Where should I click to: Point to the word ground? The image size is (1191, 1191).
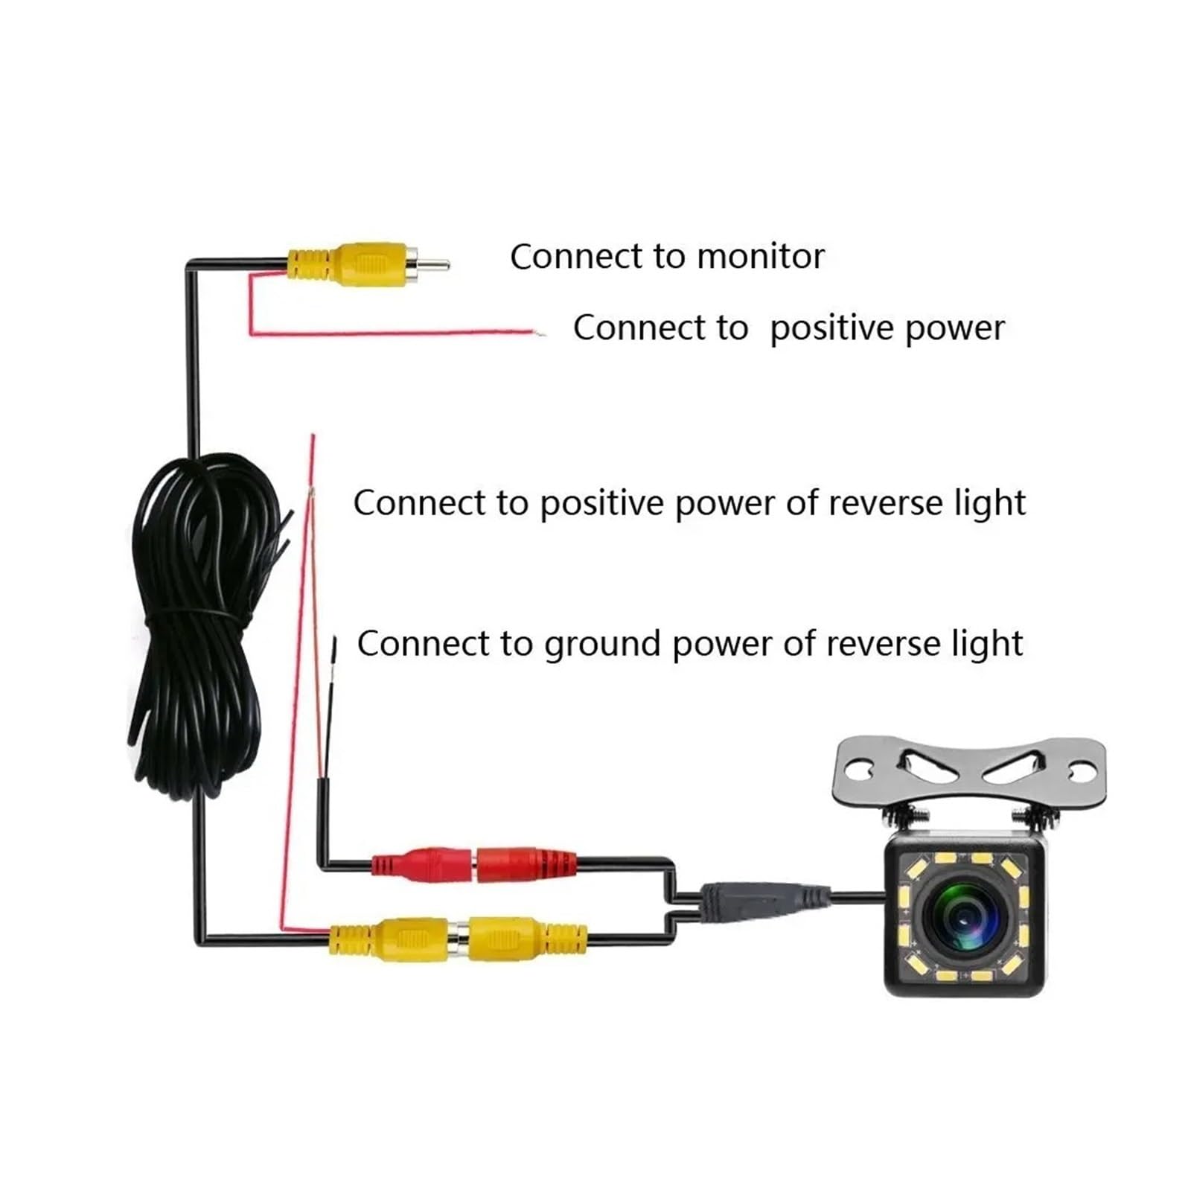click(x=602, y=645)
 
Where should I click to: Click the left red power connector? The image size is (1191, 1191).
click(x=422, y=864)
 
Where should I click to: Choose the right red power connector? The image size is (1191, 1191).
click(x=526, y=864)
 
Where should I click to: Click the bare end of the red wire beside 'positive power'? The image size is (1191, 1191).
click(x=540, y=332)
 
